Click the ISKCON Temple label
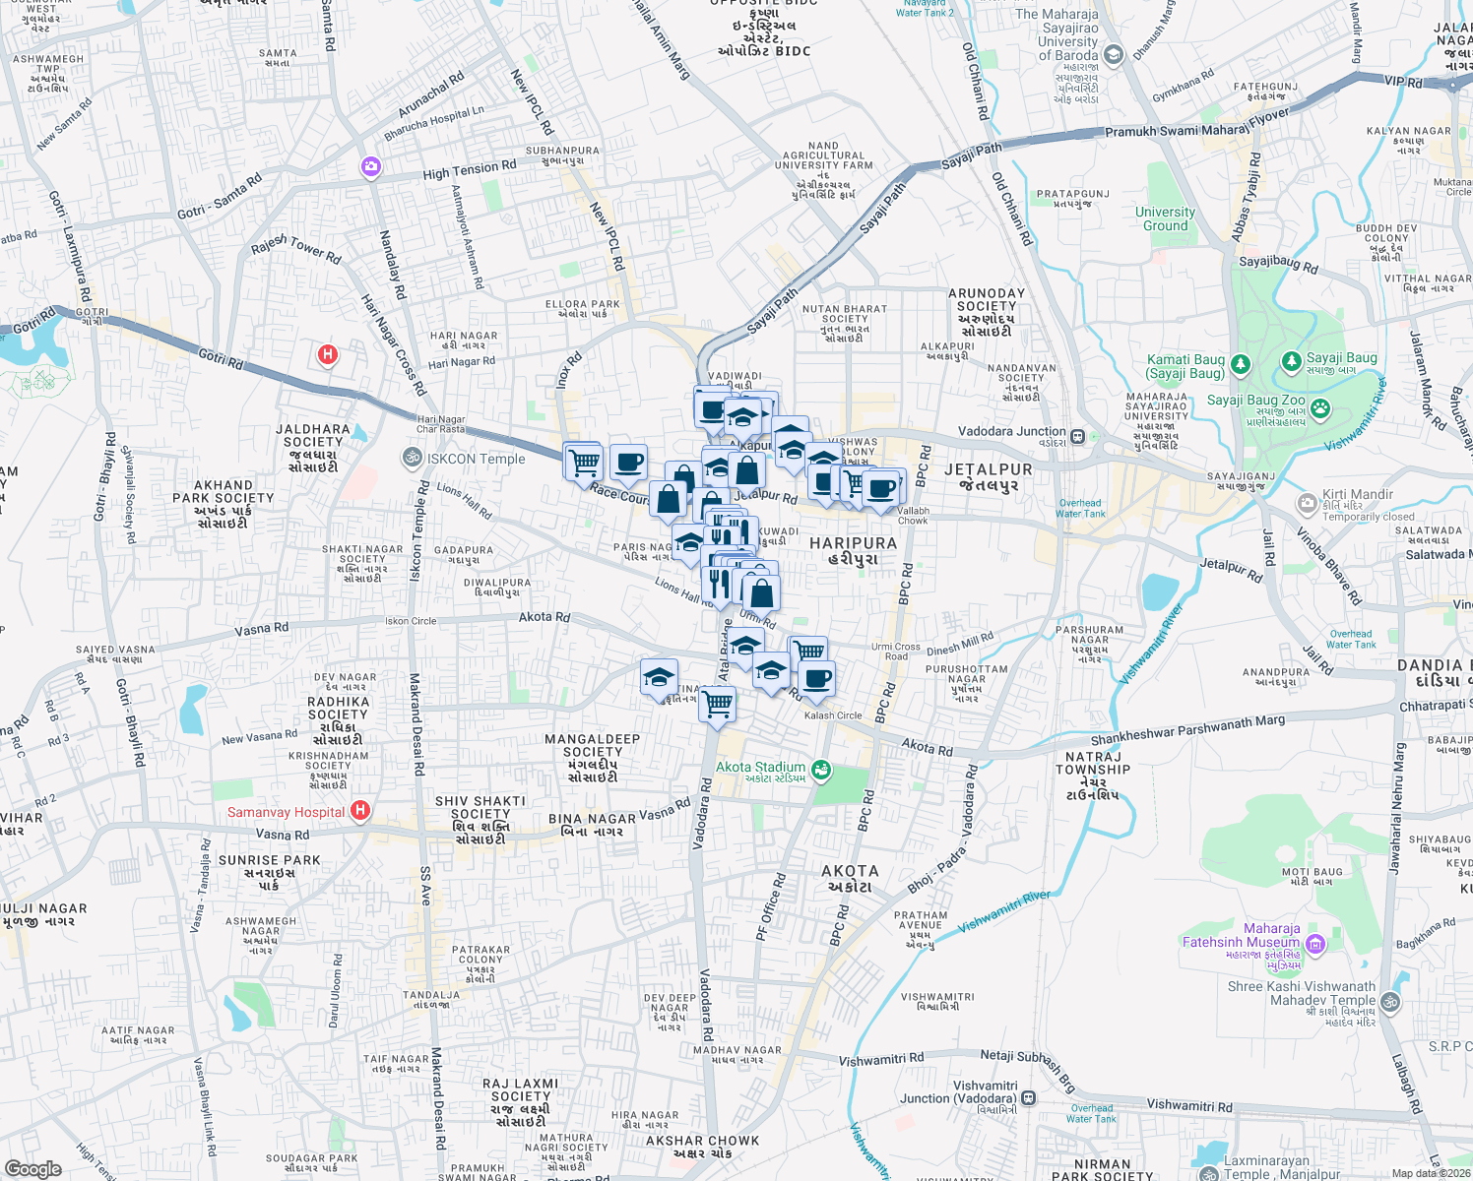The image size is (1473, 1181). [477, 459]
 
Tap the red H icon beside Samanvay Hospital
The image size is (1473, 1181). [360, 811]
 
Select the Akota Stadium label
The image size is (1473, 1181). [760, 767]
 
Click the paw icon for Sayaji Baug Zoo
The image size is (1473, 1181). [1319, 406]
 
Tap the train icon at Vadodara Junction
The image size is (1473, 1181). [1078, 436]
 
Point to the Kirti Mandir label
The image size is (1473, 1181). [1358, 494]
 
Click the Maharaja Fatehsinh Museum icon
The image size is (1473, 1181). [1315, 945]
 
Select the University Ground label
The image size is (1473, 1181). [1165, 218]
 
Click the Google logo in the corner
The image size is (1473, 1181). [32, 1168]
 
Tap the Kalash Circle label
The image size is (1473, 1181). [833, 715]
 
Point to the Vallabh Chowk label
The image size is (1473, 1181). [913, 515]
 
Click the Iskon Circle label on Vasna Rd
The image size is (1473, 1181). [411, 621]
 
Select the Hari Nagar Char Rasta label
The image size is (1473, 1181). [440, 424]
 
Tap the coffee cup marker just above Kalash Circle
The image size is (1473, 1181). [816, 678]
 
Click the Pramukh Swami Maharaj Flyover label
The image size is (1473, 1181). [1196, 123]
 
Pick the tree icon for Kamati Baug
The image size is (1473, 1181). [1241, 365]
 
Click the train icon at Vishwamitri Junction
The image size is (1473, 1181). [1028, 1097]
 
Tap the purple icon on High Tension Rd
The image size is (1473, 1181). [370, 166]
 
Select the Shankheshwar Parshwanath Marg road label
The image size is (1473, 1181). [1187, 730]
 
